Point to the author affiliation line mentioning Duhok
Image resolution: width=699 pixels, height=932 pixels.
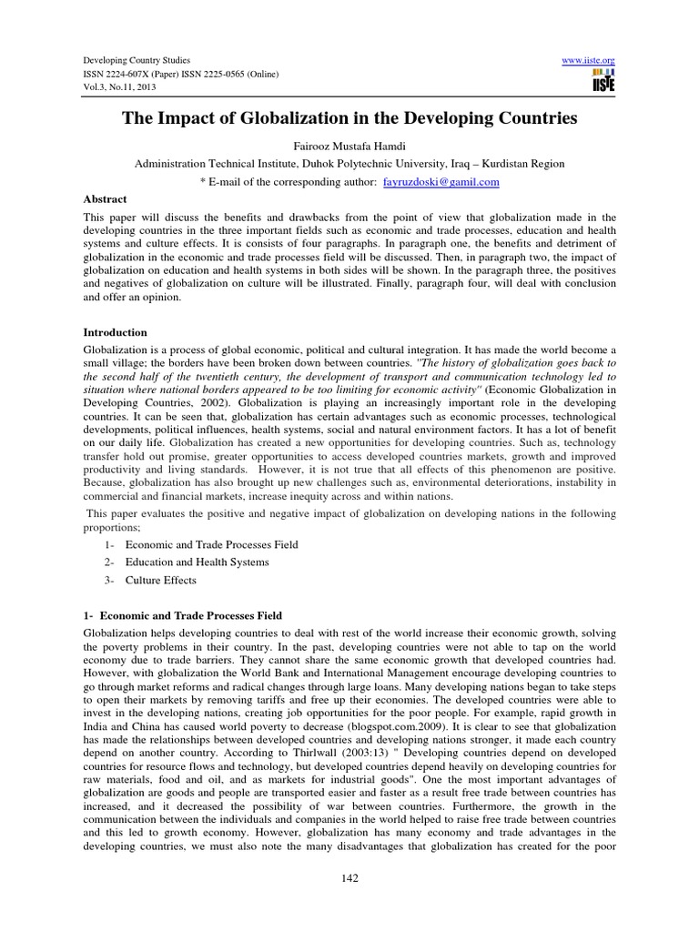tap(349, 164)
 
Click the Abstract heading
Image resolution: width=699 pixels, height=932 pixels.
tap(106, 198)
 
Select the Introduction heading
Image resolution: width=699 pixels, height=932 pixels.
tap(115, 333)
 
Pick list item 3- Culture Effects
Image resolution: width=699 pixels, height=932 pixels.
tap(160, 581)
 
